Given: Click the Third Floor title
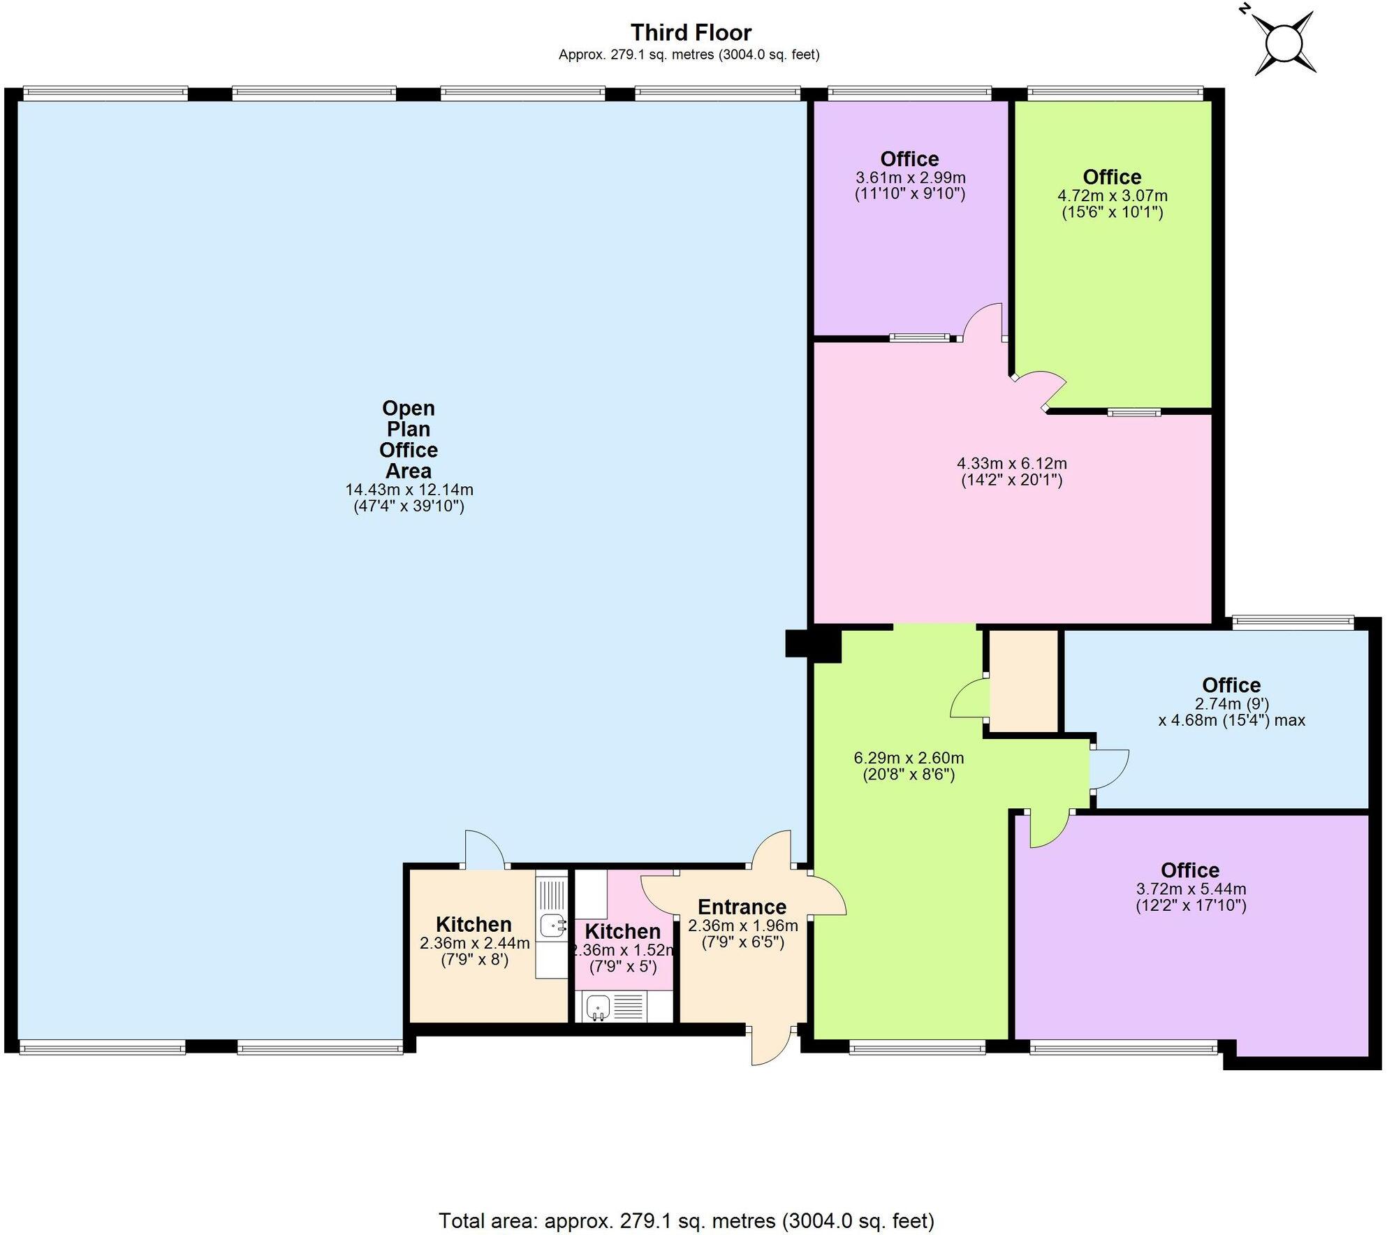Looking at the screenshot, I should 691,33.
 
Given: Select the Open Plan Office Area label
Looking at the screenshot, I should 409,439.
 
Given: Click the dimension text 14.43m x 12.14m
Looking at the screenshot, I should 409,490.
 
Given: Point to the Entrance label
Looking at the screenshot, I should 742,907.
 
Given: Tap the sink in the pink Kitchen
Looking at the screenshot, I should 599,1007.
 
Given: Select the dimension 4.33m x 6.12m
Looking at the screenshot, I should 1011,463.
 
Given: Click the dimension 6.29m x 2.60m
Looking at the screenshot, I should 909,758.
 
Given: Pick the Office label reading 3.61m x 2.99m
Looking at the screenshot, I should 909,159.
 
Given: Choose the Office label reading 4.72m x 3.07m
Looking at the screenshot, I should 1112,177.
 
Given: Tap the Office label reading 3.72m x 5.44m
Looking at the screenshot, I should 1190,870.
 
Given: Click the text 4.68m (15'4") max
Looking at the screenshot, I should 1231,720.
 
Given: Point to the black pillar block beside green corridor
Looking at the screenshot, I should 812,644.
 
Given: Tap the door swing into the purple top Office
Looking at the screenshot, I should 983,321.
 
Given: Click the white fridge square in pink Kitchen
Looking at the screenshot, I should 591,894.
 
